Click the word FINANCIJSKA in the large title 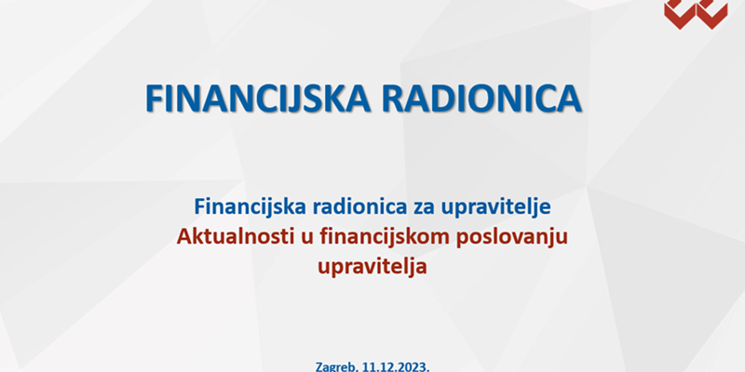click(x=258, y=99)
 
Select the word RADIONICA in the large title click(x=481, y=99)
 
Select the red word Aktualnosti click(x=234, y=237)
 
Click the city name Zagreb click(x=335, y=367)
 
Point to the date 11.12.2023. click(x=395, y=366)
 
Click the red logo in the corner click(x=696, y=14)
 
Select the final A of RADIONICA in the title click(x=569, y=99)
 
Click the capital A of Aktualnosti click(x=183, y=237)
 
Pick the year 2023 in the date click(x=413, y=366)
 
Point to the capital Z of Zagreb click(x=319, y=366)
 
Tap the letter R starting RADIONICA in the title click(x=392, y=99)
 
